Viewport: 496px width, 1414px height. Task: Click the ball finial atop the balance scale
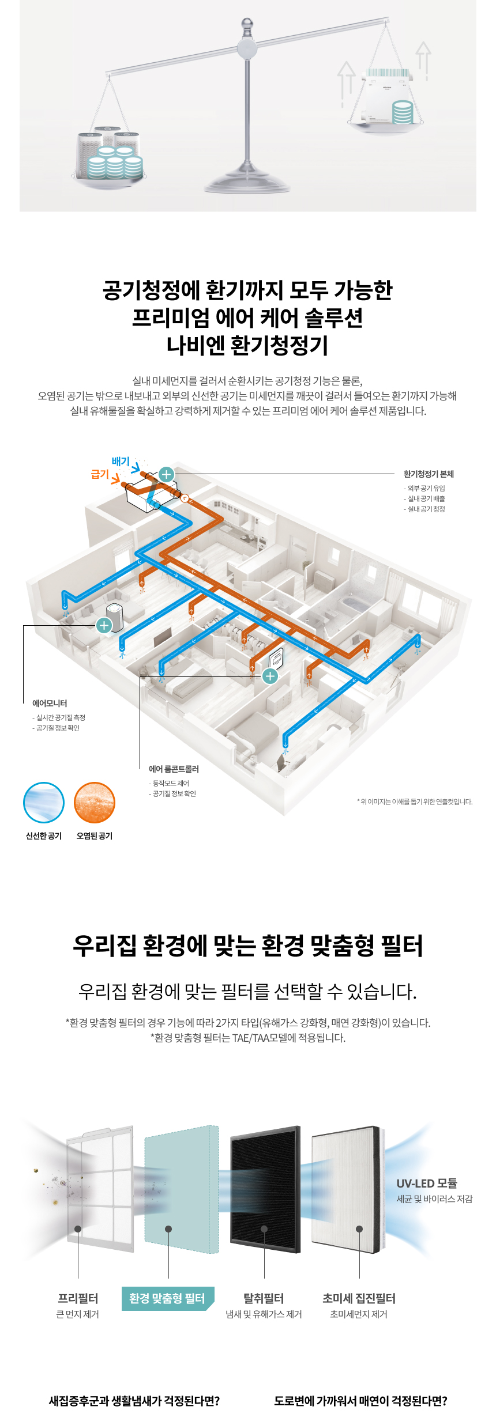[247, 24]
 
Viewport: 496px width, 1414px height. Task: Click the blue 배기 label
[121, 462]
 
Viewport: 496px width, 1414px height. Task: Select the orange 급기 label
[100, 474]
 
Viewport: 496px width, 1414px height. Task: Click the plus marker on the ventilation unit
[166, 474]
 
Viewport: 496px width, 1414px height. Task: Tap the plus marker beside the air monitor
[104, 625]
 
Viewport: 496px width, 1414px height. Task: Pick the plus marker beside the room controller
[270, 676]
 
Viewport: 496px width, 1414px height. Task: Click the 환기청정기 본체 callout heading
[429, 474]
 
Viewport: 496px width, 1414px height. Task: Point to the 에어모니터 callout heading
[50, 704]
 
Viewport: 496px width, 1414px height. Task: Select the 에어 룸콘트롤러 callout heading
[174, 769]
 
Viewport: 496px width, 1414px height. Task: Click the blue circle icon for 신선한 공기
[44, 803]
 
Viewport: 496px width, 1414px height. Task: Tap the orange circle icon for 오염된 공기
[95, 803]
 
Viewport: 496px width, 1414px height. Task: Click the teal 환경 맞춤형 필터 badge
[167, 1299]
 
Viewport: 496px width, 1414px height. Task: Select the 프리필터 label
[78, 1299]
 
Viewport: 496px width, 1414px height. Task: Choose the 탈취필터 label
[264, 1299]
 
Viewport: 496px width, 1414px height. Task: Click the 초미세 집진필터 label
[359, 1299]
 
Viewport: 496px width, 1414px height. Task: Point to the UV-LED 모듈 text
[427, 1184]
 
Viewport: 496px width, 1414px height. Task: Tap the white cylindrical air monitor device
[115, 617]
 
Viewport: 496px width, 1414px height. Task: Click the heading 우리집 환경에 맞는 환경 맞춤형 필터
[248, 946]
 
